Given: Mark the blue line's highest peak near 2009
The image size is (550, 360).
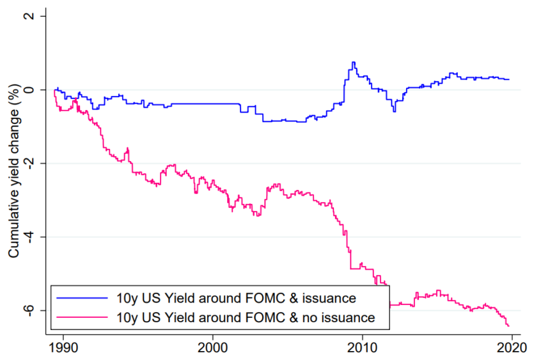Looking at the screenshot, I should pos(353,63).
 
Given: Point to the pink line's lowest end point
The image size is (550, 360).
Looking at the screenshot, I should pos(508,326).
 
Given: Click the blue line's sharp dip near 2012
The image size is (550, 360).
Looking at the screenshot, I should pos(394,111).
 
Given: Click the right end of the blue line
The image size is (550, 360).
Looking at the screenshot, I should pos(509,79).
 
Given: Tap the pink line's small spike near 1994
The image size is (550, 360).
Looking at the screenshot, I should pos(127,148).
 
